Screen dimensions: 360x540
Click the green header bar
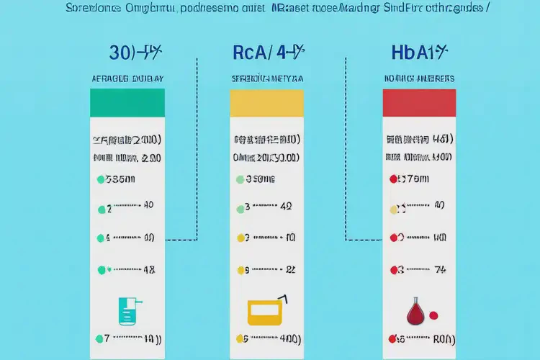tap(127, 102)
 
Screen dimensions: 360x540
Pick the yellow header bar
tap(266, 102)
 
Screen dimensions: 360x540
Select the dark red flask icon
tap(415, 310)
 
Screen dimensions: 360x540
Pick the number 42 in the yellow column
tap(286, 206)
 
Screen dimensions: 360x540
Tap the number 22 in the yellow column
tap(291, 270)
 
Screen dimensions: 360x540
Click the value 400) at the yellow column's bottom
tap(287, 338)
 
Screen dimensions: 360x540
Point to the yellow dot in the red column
tap(393, 210)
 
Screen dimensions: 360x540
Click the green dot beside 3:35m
tap(99, 179)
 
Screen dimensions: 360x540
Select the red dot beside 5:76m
tap(393, 179)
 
